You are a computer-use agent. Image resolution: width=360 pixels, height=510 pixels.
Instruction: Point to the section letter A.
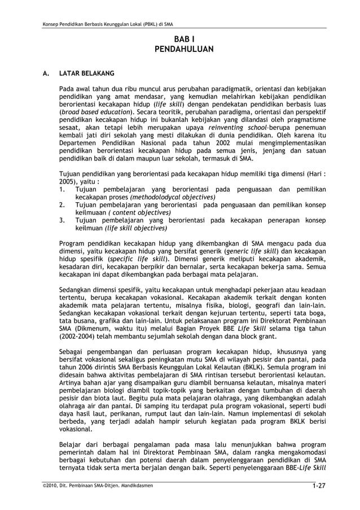pyautogui.click(x=37, y=73)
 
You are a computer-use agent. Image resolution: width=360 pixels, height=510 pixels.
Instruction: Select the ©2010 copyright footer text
pyautogui.click(x=93, y=486)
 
